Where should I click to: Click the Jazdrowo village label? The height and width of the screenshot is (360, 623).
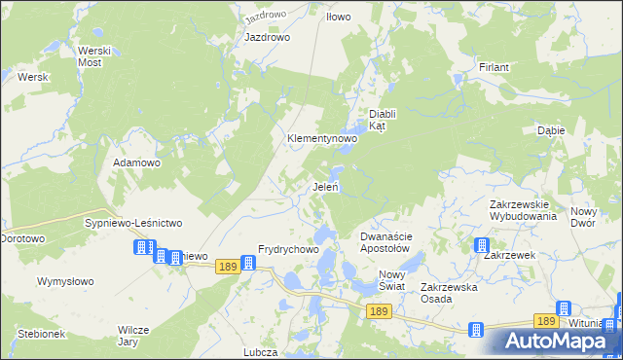pos(268,37)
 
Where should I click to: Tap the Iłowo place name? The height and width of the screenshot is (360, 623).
pos(338,17)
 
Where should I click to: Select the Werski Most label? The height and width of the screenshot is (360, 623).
pos(90,55)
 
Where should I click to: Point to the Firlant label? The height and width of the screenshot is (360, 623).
pos(494,67)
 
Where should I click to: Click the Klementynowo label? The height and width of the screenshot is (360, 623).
pos(321,139)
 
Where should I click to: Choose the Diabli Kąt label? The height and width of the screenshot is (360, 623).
pos(379,119)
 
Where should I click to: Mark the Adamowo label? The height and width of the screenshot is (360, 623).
pos(136,162)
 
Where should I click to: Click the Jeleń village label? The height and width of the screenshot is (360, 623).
pos(325,187)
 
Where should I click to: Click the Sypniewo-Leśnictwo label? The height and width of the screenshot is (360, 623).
pos(133,223)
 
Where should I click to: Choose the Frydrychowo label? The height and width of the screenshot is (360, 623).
pos(288,249)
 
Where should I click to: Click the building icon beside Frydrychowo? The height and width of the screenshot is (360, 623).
pos(248,263)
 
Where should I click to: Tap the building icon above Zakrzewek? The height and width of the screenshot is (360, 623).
pos(481,245)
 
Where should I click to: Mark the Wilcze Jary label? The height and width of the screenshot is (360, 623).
pos(134,336)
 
